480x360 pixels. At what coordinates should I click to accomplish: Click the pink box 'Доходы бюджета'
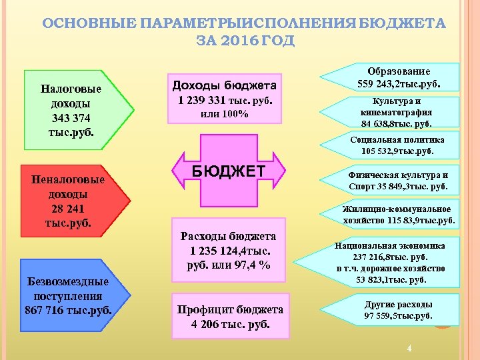click(224, 98)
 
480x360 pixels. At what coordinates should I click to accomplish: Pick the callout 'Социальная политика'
click(397, 145)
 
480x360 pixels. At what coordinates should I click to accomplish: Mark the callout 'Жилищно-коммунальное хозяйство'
click(399, 213)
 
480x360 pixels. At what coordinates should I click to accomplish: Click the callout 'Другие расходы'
click(399, 310)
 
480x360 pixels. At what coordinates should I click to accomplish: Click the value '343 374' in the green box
click(71, 117)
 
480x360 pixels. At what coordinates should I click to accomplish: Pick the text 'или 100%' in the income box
click(224, 113)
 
